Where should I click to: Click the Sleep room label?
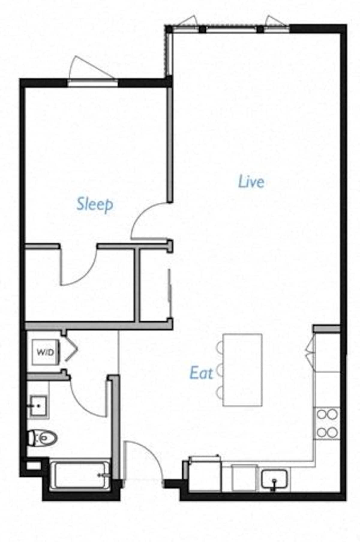click(95, 205)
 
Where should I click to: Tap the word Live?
click(251, 182)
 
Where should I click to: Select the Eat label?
click(201, 373)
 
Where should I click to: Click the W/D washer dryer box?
click(46, 352)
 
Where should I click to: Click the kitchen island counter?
click(242, 370)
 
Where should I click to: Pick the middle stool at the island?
click(220, 370)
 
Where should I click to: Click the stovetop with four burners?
click(327, 423)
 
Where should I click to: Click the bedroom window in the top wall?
click(92, 83)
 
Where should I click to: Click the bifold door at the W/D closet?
click(71, 350)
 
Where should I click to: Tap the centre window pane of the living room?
click(231, 29)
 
